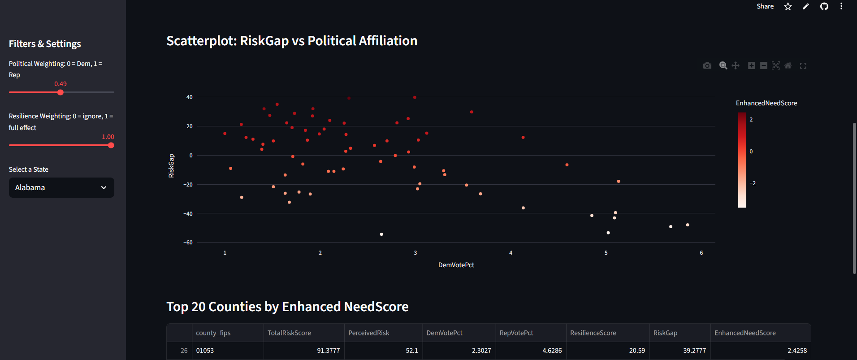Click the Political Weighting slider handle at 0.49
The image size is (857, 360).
[61, 92]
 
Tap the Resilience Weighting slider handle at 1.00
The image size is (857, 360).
[111, 145]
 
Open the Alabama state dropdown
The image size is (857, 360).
[61, 187]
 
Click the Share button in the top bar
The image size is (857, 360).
[765, 6]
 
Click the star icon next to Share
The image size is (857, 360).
[788, 6]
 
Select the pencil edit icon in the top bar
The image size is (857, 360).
[806, 6]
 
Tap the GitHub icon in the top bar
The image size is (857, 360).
[824, 6]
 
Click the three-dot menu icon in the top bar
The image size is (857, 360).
[841, 6]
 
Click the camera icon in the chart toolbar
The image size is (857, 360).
[707, 65]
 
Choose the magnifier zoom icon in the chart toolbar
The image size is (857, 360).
[723, 65]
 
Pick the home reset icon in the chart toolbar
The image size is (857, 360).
[788, 65]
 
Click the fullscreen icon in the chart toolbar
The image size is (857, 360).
[803, 65]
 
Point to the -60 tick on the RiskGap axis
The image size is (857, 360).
[188, 243]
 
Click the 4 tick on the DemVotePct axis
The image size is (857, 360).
[511, 253]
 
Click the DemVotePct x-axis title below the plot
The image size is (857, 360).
[456, 265]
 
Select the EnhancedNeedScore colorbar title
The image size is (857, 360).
[766, 103]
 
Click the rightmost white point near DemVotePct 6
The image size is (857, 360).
[688, 225]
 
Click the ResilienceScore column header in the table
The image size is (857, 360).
[593, 333]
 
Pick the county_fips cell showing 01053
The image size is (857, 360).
[205, 351]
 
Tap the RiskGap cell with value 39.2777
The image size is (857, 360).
[694, 351]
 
